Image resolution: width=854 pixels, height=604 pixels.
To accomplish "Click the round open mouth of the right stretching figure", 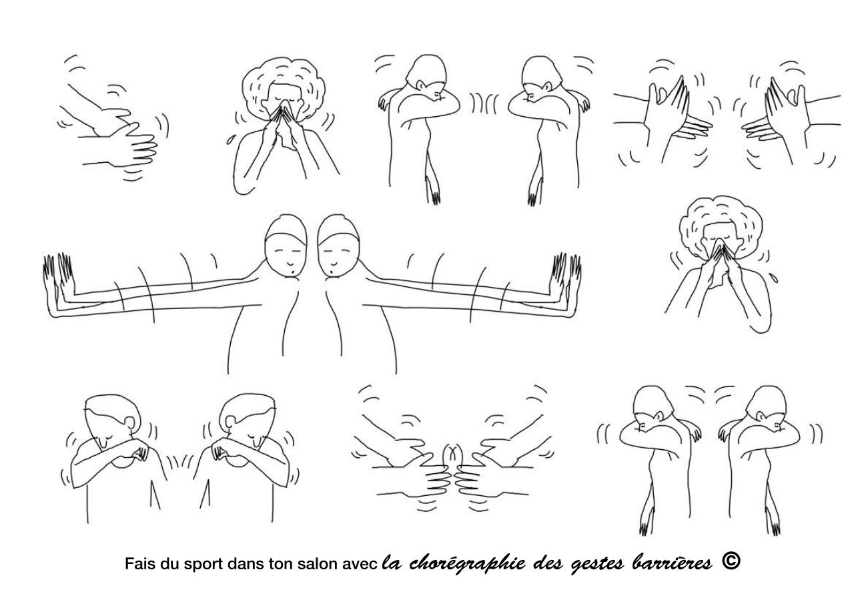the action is tap(333, 272).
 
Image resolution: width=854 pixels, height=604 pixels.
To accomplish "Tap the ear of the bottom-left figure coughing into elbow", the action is tap(131, 422).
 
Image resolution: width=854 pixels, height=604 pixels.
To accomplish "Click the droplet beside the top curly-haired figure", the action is tap(230, 140).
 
